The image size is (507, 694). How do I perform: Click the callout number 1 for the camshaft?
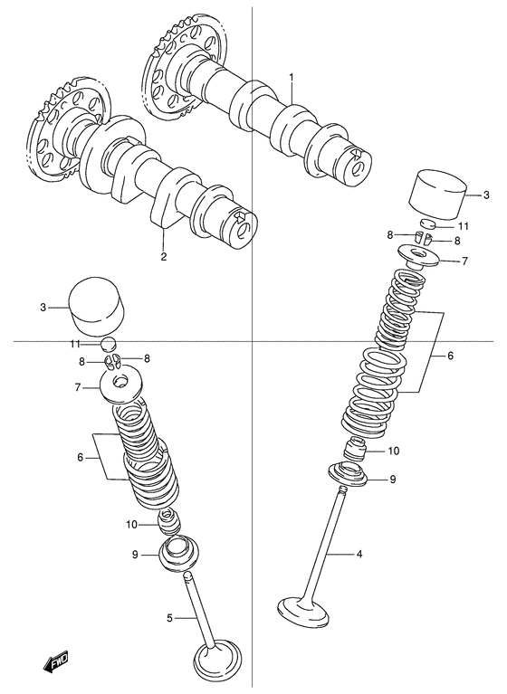tap(292, 80)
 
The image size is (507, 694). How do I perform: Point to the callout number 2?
tap(164, 257)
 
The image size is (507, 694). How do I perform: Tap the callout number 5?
tap(168, 618)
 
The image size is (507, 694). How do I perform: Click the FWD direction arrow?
tap(55, 664)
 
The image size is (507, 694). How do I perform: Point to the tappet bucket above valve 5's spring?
tap(94, 306)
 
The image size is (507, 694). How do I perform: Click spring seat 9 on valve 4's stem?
tap(348, 473)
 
